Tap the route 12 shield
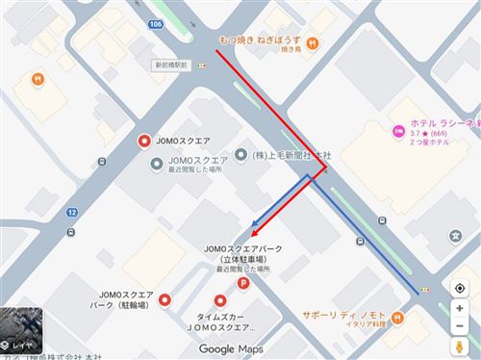pyautogui.click(x=71, y=212)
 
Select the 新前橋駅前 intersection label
pyautogui.click(x=170, y=64)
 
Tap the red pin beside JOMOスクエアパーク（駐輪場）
pyautogui.click(x=165, y=300)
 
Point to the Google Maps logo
pyautogui.click(x=231, y=348)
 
